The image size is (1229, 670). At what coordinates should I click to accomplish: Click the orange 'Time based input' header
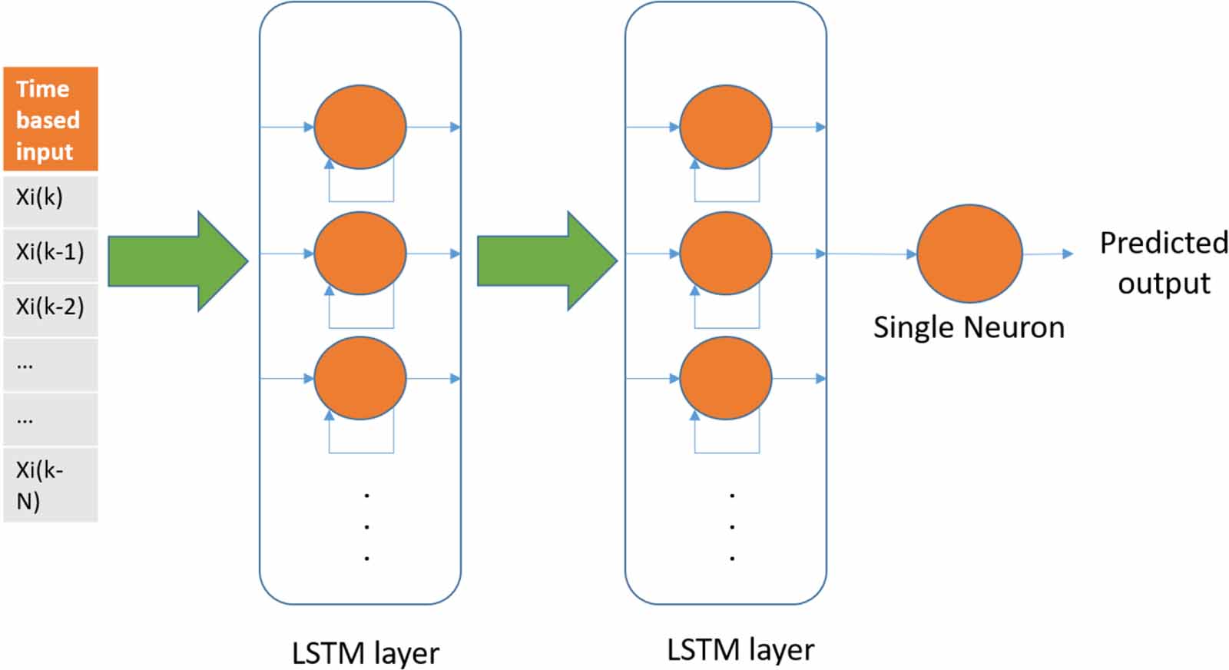[51, 119]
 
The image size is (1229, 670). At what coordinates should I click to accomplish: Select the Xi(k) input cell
[51, 199]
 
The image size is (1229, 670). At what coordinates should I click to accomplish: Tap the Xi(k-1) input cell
[51, 254]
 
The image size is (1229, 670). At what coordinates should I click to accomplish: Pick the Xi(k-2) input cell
[51, 308]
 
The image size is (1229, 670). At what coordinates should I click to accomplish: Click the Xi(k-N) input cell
[51, 485]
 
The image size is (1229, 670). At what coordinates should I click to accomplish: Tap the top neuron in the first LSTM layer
[359, 127]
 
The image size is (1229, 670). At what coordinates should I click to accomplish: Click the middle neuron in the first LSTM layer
[359, 254]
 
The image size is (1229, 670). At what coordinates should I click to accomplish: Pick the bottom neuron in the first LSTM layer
[359, 378]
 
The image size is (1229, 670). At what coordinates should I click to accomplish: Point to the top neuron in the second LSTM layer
[725, 127]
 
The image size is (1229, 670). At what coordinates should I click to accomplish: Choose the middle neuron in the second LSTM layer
[725, 254]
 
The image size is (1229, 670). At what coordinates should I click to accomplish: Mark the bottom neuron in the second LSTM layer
[725, 378]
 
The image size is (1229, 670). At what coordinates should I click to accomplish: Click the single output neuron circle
[969, 254]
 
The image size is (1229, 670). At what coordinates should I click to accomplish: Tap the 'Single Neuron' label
[969, 327]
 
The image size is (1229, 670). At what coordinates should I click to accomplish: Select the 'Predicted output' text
[1164, 263]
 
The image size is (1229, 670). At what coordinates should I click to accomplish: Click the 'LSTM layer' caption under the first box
[365, 653]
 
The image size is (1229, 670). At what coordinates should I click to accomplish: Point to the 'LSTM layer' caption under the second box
[740, 650]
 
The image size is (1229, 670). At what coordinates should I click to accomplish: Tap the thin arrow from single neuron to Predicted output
[1048, 254]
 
